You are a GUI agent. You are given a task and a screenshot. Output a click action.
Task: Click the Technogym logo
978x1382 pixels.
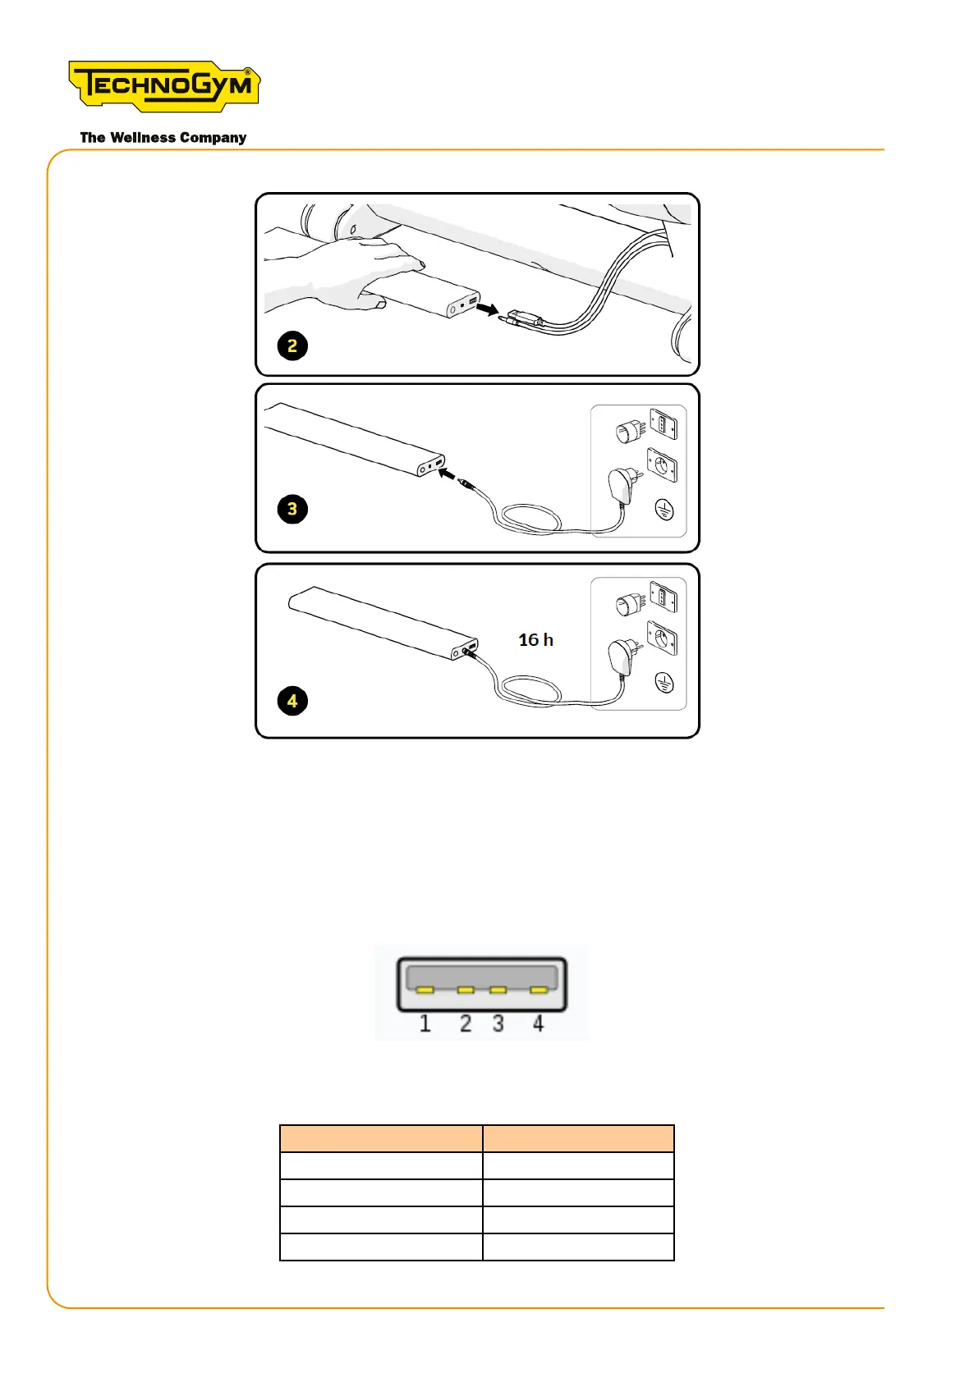[164, 85]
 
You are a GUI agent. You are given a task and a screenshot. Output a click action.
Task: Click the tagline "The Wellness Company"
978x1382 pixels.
[163, 138]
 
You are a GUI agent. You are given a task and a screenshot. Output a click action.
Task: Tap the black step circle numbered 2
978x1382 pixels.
[292, 345]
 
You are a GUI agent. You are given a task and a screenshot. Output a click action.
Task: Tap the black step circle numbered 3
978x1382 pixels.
[292, 509]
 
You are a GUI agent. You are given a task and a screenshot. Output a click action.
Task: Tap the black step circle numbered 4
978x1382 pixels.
[292, 701]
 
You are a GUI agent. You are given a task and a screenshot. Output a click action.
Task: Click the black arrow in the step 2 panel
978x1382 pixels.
[488, 309]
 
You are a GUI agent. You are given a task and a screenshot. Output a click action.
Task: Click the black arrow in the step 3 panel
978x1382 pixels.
[447, 474]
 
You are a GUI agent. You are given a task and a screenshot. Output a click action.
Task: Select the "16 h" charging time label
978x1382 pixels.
[535, 640]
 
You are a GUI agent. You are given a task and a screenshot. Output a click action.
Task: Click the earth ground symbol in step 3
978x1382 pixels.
[664, 510]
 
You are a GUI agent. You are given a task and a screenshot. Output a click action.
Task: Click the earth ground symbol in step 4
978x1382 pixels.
[664, 683]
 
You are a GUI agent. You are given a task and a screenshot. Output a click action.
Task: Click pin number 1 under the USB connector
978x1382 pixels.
[425, 1023]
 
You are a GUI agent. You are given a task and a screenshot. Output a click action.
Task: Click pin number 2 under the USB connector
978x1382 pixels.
[466, 1023]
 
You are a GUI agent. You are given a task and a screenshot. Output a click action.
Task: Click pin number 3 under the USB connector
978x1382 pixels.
[498, 1023]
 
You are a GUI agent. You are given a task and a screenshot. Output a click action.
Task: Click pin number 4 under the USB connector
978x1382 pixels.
[538, 1023]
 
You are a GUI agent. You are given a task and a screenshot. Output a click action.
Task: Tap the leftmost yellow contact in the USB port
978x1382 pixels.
[425, 990]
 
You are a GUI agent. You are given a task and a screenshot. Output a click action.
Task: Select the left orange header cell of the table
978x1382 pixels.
[381, 1139]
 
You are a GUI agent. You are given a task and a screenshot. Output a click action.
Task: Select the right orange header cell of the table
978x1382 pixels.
[578, 1139]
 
